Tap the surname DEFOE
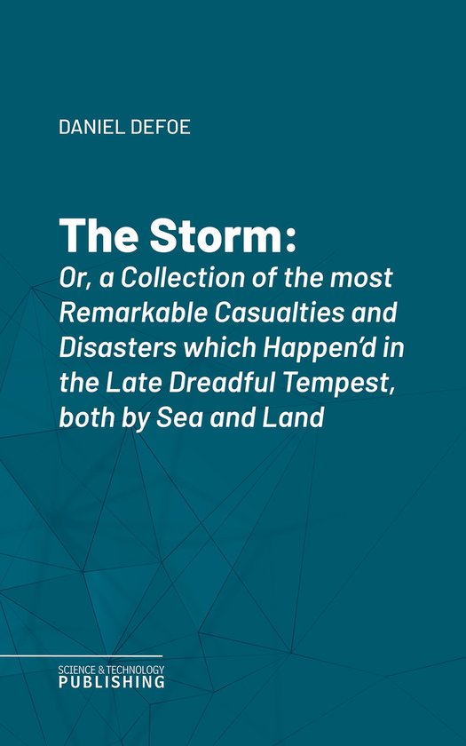tap(163, 127)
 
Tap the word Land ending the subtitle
tap(298, 420)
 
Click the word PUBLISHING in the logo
tap(112, 682)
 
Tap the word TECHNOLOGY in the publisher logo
tap(136, 669)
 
